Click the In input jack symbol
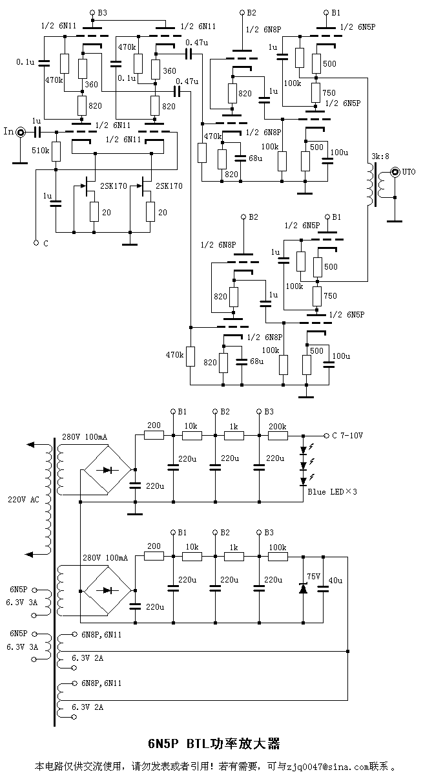pyautogui.click(x=21, y=132)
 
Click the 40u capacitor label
pyautogui.click(x=335, y=580)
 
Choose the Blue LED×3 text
pyautogui.click(x=333, y=491)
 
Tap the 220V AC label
pyautogui.click(x=23, y=500)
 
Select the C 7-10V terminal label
pyautogui.click(x=347, y=435)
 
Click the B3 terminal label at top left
pyautogui.click(x=102, y=12)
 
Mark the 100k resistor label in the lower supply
pyautogui.click(x=278, y=546)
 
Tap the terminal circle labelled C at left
pyautogui.click(x=36, y=243)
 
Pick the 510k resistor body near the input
pyautogui.click(x=56, y=152)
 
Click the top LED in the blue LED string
pyautogui.click(x=304, y=450)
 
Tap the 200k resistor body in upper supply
pyautogui.click(x=278, y=435)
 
